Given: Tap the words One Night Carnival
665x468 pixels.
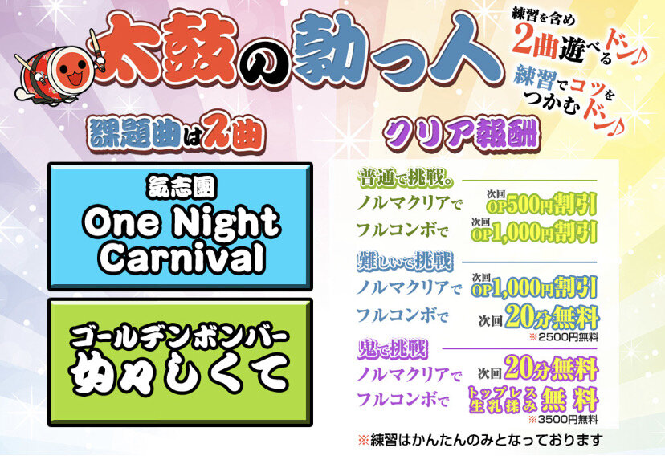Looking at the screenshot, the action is point(182,240).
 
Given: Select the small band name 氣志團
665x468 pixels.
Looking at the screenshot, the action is point(182,187).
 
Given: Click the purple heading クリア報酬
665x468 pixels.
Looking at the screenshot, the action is point(461,133).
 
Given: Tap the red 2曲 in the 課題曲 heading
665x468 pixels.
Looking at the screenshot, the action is point(232,134).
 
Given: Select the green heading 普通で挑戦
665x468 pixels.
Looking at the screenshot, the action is point(405,179).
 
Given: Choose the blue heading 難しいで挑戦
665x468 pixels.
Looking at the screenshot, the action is point(405,261).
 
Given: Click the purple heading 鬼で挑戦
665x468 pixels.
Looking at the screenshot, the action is point(392,349).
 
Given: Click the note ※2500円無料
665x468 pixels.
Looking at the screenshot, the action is point(564,337).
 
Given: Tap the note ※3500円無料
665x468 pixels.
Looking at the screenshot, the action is point(563,420).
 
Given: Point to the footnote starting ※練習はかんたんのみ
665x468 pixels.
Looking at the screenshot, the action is point(480,440).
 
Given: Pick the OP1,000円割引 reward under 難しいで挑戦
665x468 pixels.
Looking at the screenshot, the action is point(534,287).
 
